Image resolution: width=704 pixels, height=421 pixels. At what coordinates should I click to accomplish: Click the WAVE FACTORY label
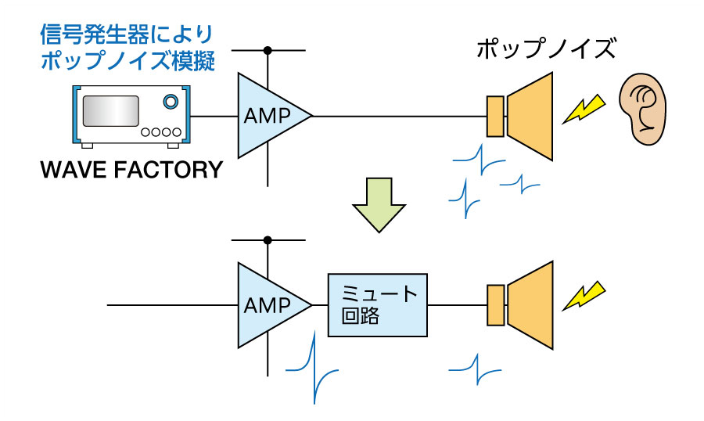point(130,169)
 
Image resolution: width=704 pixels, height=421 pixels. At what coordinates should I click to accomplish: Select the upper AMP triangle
point(269,116)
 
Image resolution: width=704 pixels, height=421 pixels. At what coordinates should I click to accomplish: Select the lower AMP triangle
point(269,304)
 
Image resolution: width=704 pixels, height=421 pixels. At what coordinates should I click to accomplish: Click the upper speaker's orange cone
point(533,116)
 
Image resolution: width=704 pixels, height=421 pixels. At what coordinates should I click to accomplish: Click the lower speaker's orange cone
point(533,304)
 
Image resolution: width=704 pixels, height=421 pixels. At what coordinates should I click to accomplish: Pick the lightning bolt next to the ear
point(586,109)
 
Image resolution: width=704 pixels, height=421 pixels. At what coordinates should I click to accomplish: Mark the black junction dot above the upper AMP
point(268,51)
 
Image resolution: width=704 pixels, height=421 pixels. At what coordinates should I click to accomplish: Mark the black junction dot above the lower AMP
point(268,239)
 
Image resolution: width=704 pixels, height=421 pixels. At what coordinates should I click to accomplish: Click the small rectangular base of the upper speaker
point(495,116)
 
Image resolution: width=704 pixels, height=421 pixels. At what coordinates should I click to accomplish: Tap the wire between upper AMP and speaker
point(399,116)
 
